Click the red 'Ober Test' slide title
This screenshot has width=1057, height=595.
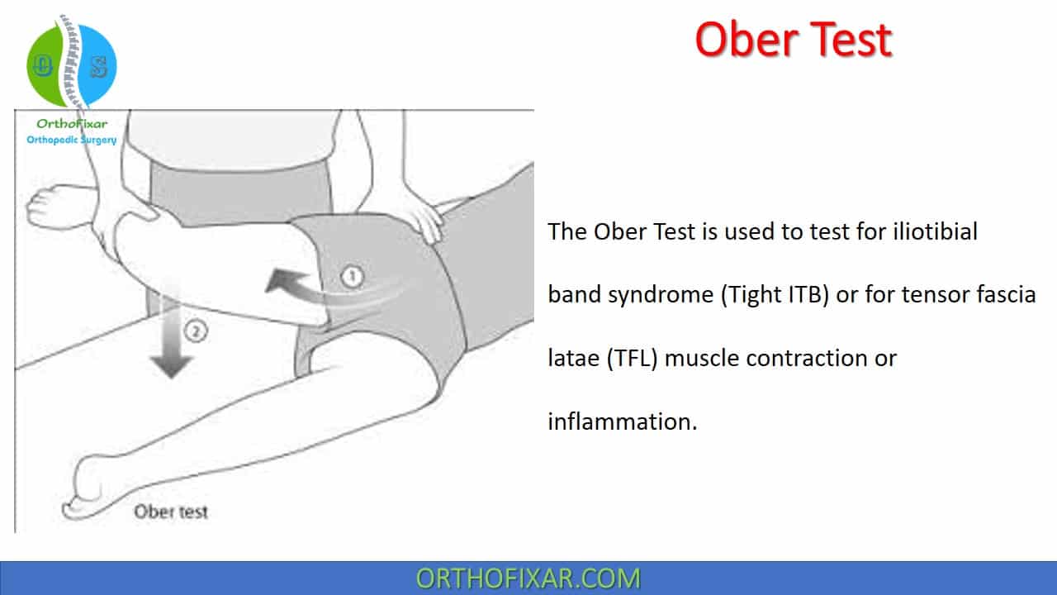[x=794, y=40]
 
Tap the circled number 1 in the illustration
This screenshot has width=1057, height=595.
[x=352, y=277]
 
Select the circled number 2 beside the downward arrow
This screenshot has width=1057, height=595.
[x=196, y=331]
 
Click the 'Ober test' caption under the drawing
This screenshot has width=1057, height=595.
[x=171, y=512]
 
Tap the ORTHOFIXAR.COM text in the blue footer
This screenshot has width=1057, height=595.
[x=528, y=578]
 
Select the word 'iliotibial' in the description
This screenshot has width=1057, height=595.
[x=935, y=231]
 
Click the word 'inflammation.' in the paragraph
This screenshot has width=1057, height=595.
[x=623, y=421]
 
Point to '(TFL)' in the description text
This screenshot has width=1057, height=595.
[x=632, y=358]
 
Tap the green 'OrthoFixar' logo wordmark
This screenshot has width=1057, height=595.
[x=72, y=124]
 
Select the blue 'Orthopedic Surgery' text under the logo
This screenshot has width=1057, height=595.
[x=72, y=140]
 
